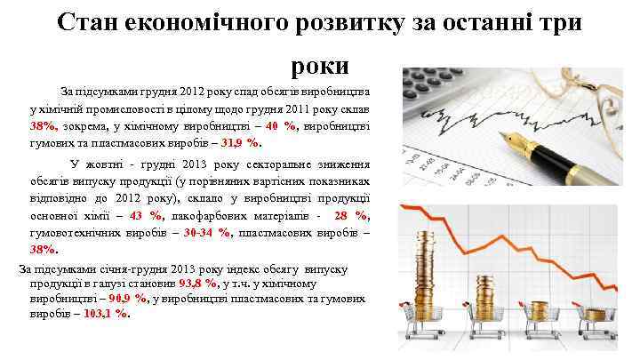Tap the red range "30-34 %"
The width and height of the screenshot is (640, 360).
tap(206, 232)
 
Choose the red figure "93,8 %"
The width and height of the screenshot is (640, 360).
tap(198, 284)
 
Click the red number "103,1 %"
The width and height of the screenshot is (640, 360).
tap(109, 314)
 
